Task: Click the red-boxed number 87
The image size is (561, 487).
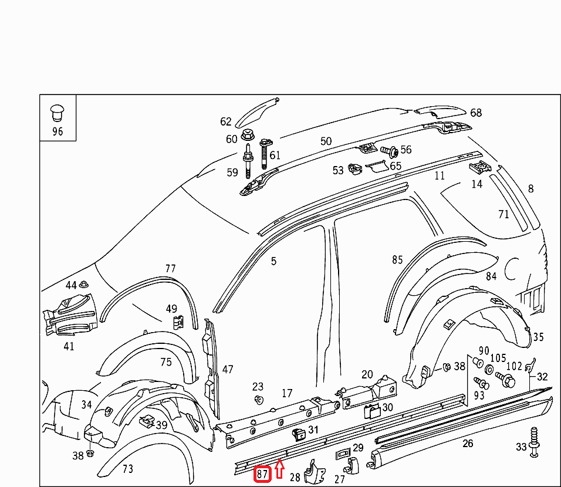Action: pos(262,474)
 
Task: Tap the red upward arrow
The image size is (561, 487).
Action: pos(279,469)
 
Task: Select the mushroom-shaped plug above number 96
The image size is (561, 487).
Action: pos(58,113)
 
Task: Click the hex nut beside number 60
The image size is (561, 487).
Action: pos(247,136)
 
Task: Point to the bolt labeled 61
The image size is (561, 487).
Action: pos(265,154)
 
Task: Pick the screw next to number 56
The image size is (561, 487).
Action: pos(389,151)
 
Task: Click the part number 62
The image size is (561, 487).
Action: pos(226,121)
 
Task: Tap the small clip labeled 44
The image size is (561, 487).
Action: pos(84,285)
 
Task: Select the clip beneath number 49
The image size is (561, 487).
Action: pos(178,322)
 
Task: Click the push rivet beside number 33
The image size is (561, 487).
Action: pos(534,442)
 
